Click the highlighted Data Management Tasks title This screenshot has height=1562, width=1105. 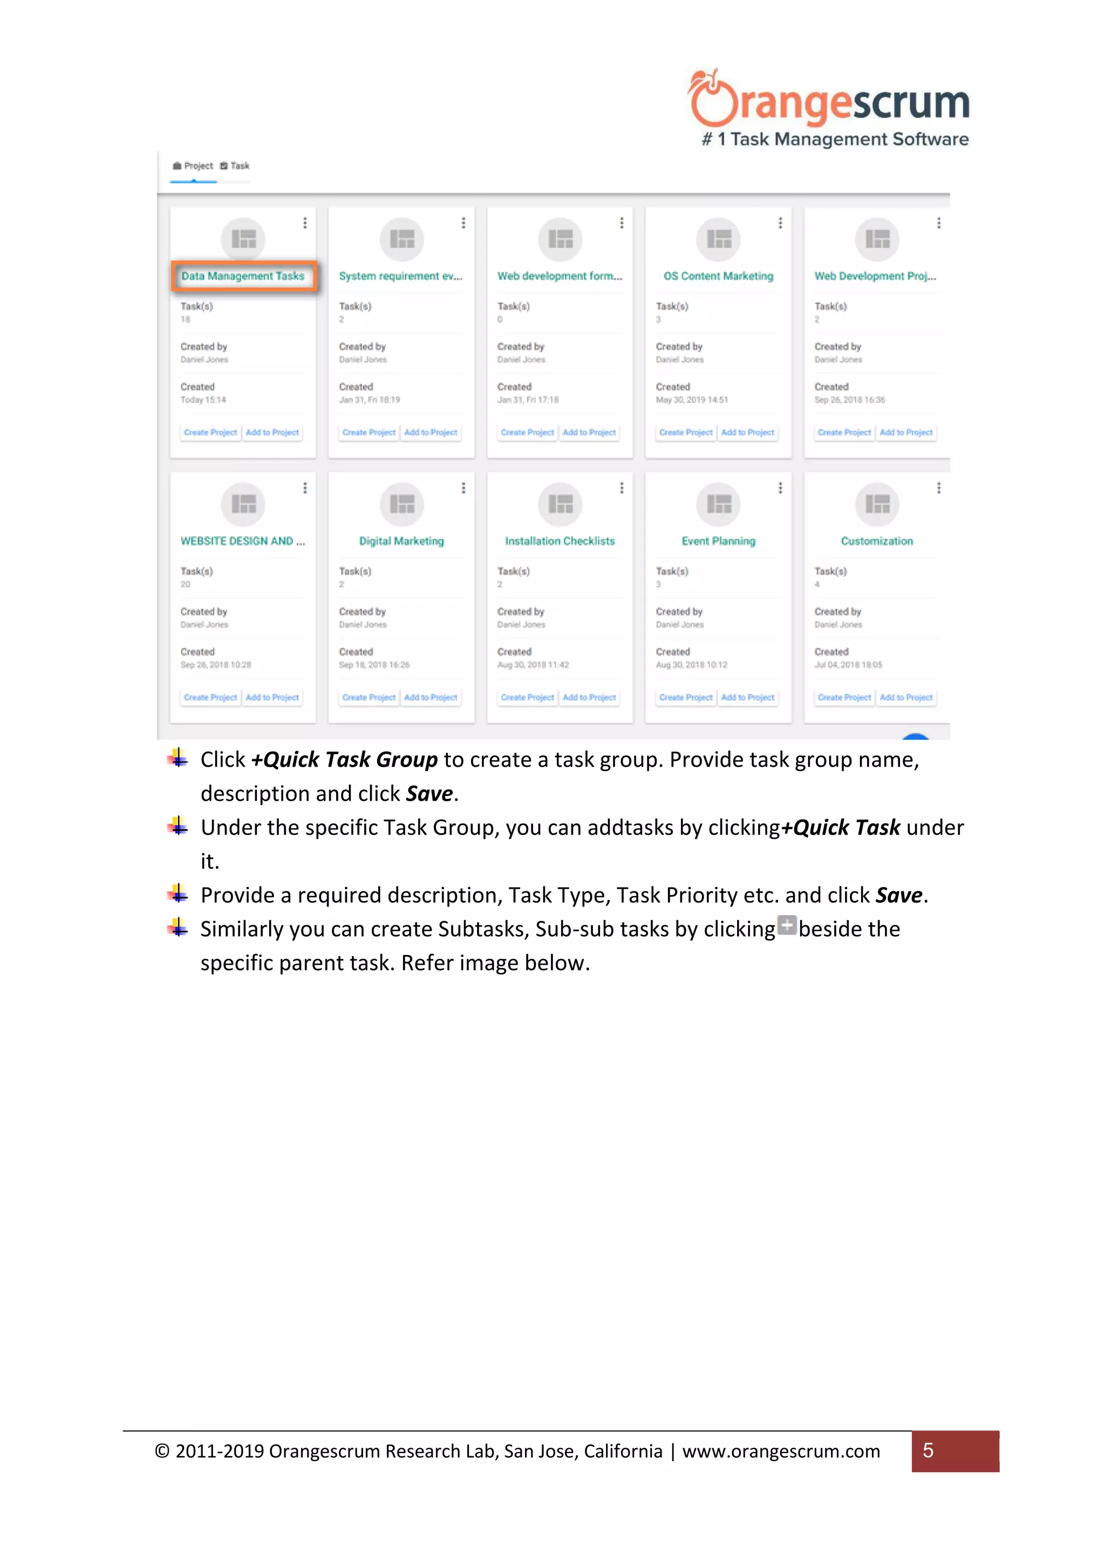(x=243, y=276)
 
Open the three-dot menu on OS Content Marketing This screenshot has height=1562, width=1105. (x=780, y=223)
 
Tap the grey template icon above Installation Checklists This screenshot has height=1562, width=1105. (x=560, y=504)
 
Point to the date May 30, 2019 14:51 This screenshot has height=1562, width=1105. (x=691, y=400)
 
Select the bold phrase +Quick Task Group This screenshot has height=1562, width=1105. (x=344, y=760)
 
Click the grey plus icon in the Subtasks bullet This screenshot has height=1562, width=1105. (x=787, y=926)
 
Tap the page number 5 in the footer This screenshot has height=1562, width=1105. (x=928, y=1451)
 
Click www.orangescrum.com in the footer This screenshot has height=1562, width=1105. (x=781, y=1452)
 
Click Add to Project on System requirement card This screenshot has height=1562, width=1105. (x=431, y=433)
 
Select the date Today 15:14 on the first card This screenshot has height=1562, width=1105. (x=203, y=400)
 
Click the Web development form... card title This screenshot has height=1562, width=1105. (x=560, y=276)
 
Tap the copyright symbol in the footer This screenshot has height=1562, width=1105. (x=162, y=1451)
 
